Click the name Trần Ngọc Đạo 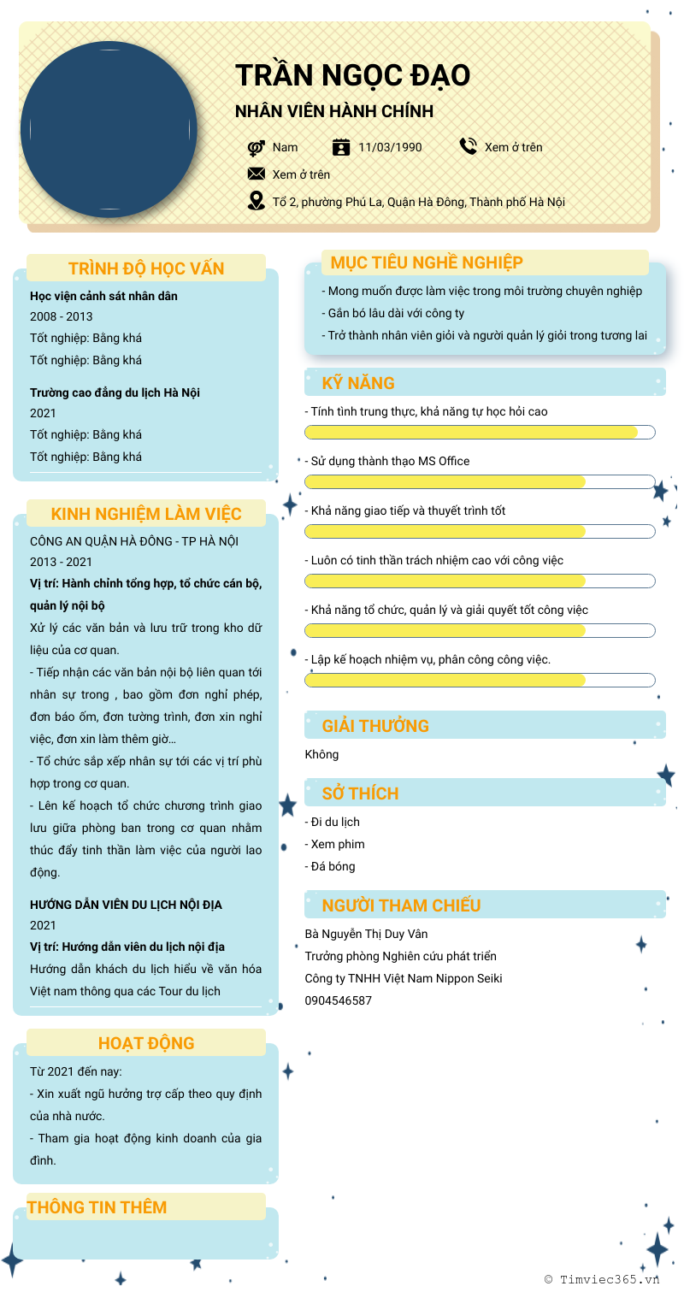tap(352, 75)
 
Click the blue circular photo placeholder tap(109, 129)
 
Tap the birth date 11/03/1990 tap(390, 147)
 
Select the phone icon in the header tap(468, 146)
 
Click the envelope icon tap(256, 174)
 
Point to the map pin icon tap(256, 201)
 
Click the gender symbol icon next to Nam tap(256, 147)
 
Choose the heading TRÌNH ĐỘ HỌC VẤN tap(146, 268)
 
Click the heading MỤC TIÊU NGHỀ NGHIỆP tap(427, 263)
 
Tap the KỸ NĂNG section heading tap(358, 383)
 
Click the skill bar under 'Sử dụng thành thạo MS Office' tap(480, 481)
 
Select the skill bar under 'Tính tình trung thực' tap(480, 432)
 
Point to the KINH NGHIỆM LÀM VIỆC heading tap(146, 514)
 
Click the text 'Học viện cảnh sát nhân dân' tap(103, 296)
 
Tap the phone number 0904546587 tap(339, 1000)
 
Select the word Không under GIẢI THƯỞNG tap(321, 754)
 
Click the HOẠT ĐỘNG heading tap(146, 1043)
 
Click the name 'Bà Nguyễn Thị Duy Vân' tap(366, 934)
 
